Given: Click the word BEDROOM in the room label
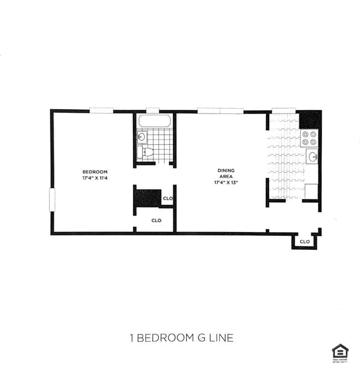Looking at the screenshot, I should point(95,172).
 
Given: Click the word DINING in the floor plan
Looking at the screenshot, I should point(226,170).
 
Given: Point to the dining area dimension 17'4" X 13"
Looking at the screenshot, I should point(226,182).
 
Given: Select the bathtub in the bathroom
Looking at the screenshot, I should point(155,121).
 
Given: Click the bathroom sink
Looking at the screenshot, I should point(142,136).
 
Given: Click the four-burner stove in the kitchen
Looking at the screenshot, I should point(310,138).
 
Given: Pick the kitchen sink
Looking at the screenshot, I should point(312,157).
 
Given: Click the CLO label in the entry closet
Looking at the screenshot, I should point(304,241).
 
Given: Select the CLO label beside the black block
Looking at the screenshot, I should point(168,198).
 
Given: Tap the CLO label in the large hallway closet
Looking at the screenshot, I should point(156,220).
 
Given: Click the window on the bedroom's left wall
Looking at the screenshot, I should point(52,200).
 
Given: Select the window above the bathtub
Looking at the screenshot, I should point(153,110).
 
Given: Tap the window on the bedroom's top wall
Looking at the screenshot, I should point(102,110).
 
